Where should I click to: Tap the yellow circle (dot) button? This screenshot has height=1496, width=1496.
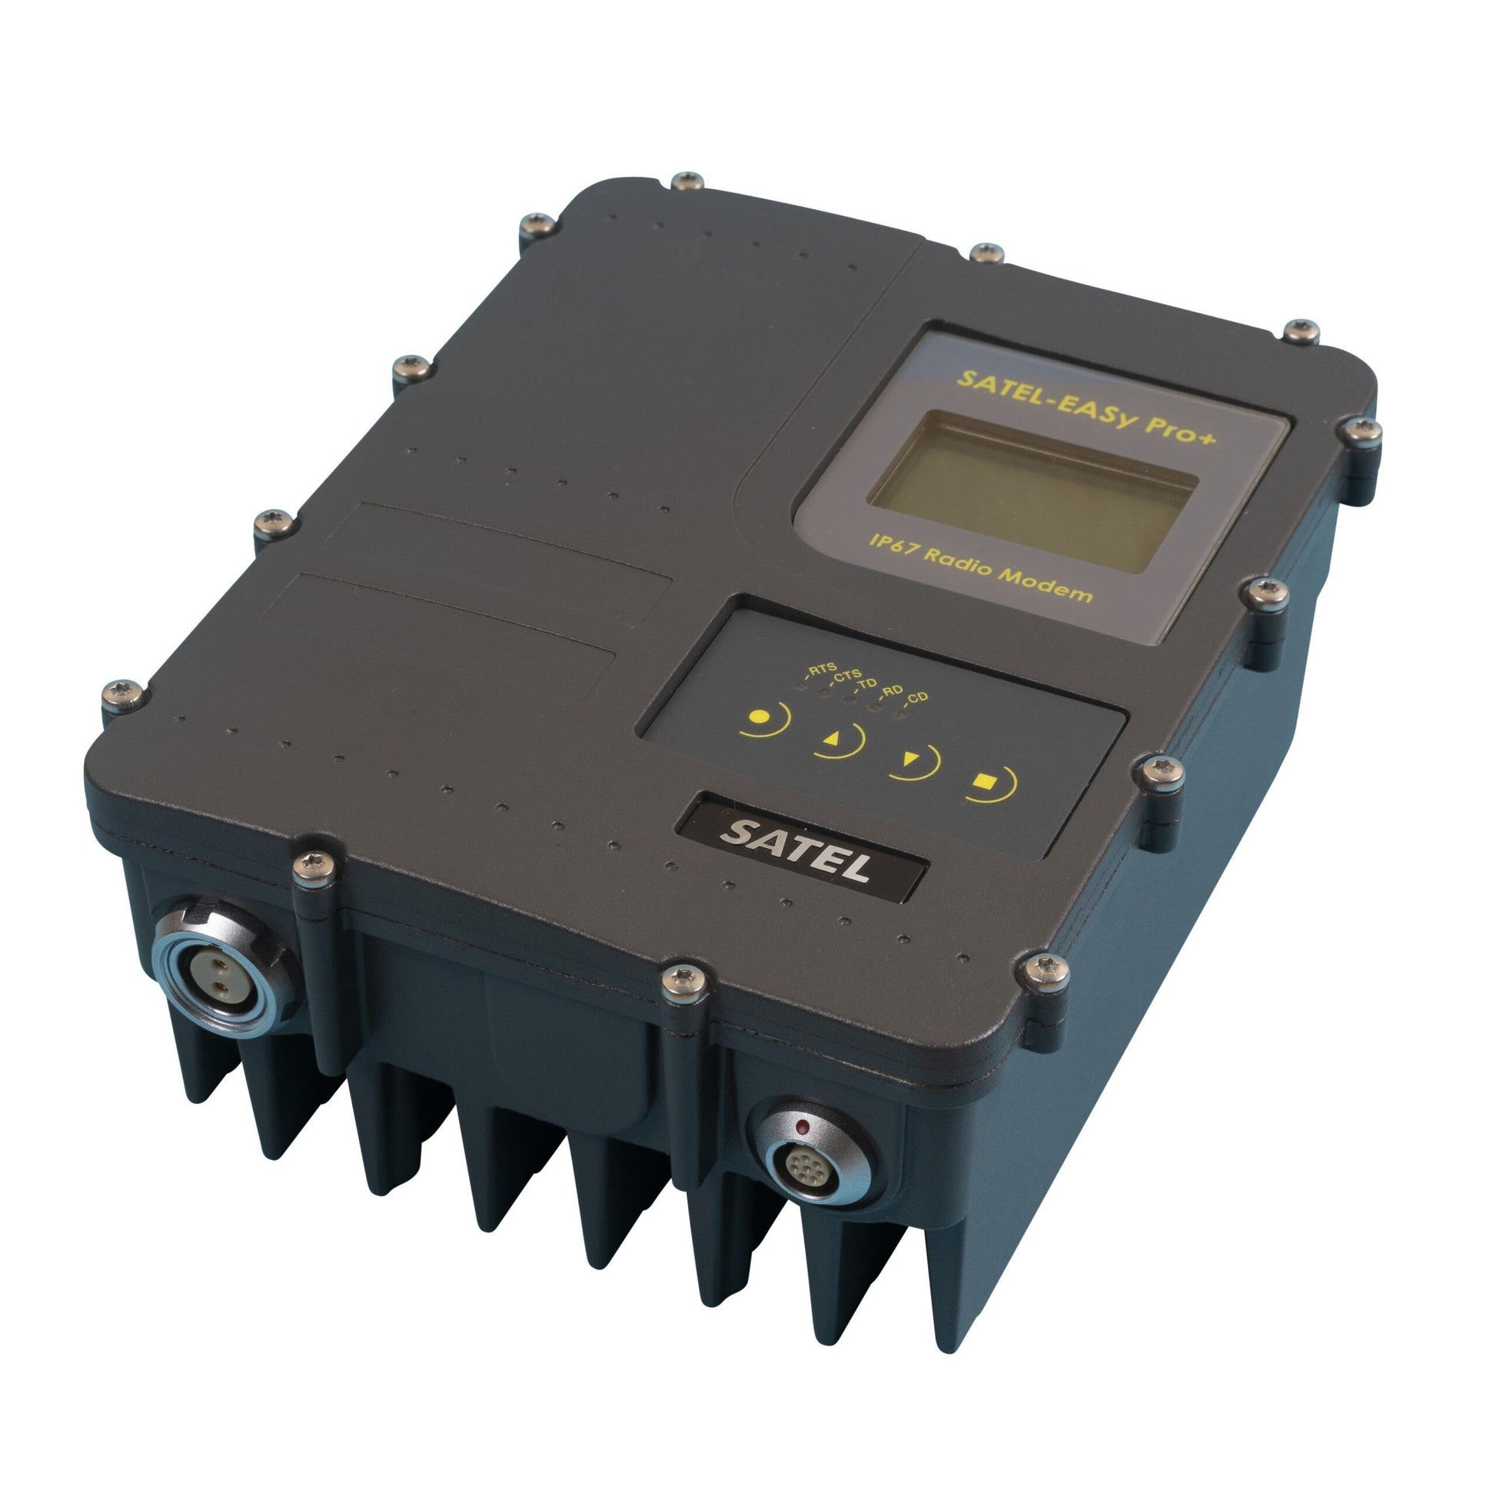tap(763, 718)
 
